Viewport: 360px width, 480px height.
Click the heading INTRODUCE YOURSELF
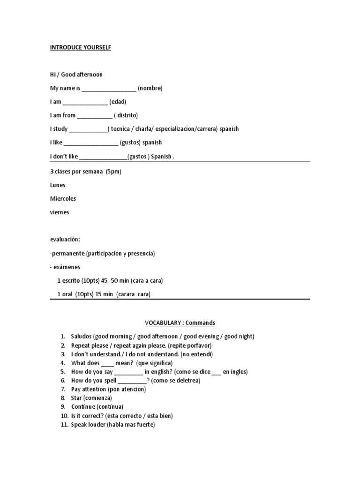point(81,48)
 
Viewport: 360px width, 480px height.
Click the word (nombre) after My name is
point(150,88)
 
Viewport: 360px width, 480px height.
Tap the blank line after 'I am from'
point(94,116)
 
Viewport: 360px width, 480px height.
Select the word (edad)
point(118,102)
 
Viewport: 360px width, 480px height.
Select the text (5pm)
point(113,172)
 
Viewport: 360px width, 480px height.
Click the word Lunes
point(58,185)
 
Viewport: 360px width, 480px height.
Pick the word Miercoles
point(63,199)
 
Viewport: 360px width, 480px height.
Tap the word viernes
point(60,212)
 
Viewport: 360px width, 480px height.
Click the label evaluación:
point(65,240)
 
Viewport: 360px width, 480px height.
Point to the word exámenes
point(67,267)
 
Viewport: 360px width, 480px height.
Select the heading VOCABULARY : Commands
point(180,323)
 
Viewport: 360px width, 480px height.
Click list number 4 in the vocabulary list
point(62,363)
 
